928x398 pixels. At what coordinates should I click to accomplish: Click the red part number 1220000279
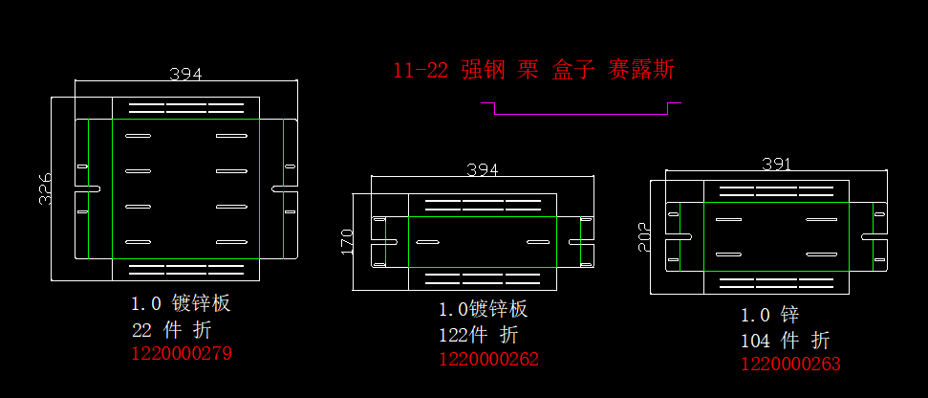coord(181,353)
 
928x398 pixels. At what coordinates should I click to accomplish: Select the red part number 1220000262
coord(488,359)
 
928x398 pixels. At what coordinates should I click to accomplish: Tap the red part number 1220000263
coord(790,364)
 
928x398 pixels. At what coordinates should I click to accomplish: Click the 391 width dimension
coord(776,165)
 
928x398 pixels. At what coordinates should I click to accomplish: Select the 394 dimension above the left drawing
coord(185,74)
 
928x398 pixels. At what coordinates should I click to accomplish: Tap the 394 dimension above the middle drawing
coord(482,169)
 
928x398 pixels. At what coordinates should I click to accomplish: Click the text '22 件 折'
coord(171,330)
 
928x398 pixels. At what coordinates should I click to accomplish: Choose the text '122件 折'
coord(479,335)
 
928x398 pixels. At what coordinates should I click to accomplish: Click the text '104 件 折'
coord(785,340)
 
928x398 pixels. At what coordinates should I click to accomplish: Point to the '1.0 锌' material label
coord(769,315)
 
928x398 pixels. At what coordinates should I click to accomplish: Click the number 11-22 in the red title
coord(421,70)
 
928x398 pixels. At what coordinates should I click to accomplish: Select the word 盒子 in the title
coord(573,70)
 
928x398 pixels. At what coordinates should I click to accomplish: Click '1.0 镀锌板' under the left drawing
coord(181,304)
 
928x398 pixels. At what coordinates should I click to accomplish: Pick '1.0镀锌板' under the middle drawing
coord(483,310)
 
